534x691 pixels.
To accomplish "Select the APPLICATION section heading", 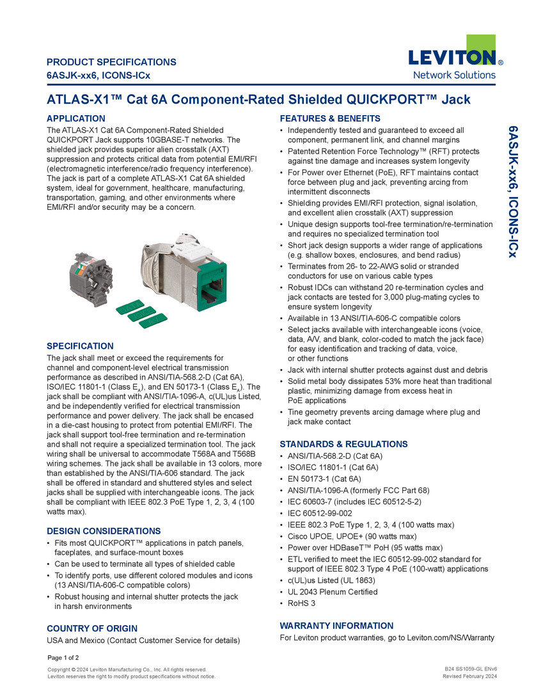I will click(76, 118).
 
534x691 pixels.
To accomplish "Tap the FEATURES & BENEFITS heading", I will click(330, 118).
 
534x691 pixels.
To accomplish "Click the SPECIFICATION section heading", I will click(80, 346).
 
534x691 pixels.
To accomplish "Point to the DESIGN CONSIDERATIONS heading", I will click(104, 531).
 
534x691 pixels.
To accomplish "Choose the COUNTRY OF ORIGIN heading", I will click(92, 628).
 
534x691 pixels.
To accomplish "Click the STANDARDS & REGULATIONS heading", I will click(343, 444).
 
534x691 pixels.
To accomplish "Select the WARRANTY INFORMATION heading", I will click(336, 626).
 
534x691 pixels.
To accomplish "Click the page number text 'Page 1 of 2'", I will click(63, 658).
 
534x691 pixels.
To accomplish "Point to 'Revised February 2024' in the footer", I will click(470, 676).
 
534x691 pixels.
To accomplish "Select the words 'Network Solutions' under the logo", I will click(455, 75).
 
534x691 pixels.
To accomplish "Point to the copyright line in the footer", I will click(127, 669).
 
